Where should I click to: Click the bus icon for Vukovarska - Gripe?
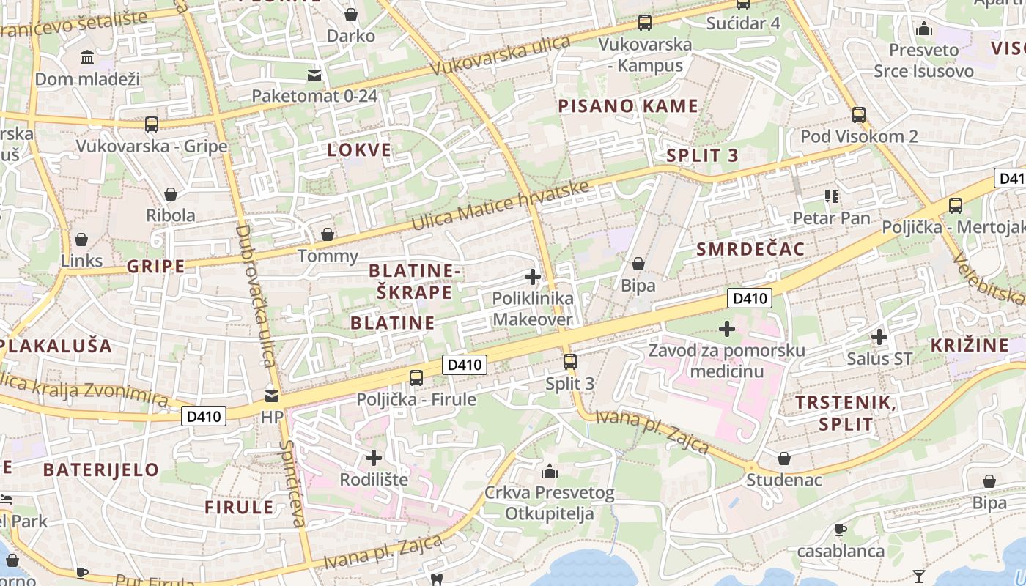[x=152, y=125]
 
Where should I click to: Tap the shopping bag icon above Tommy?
[x=328, y=234]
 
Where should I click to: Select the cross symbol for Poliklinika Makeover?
[x=533, y=277]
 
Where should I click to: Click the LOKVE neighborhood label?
[x=359, y=150]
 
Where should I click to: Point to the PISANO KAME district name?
[x=628, y=105]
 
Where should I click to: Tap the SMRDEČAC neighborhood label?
[x=750, y=249]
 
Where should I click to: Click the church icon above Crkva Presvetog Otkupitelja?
[x=549, y=471]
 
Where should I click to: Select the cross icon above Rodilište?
[x=374, y=458]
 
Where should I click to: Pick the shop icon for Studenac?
[x=784, y=459]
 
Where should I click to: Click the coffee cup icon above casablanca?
[x=841, y=529]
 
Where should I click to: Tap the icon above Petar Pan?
[x=831, y=196]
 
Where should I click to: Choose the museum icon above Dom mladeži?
[x=87, y=57]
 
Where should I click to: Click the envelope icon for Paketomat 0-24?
[x=314, y=75]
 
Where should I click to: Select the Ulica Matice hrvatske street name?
[x=501, y=206]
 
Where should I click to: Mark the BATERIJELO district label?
[x=101, y=470]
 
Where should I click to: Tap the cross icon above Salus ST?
[x=879, y=337]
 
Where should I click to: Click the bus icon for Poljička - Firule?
[x=416, y=377]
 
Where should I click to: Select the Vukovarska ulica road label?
[x=501, y=56]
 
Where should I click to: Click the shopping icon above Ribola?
[x=171, y=194]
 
